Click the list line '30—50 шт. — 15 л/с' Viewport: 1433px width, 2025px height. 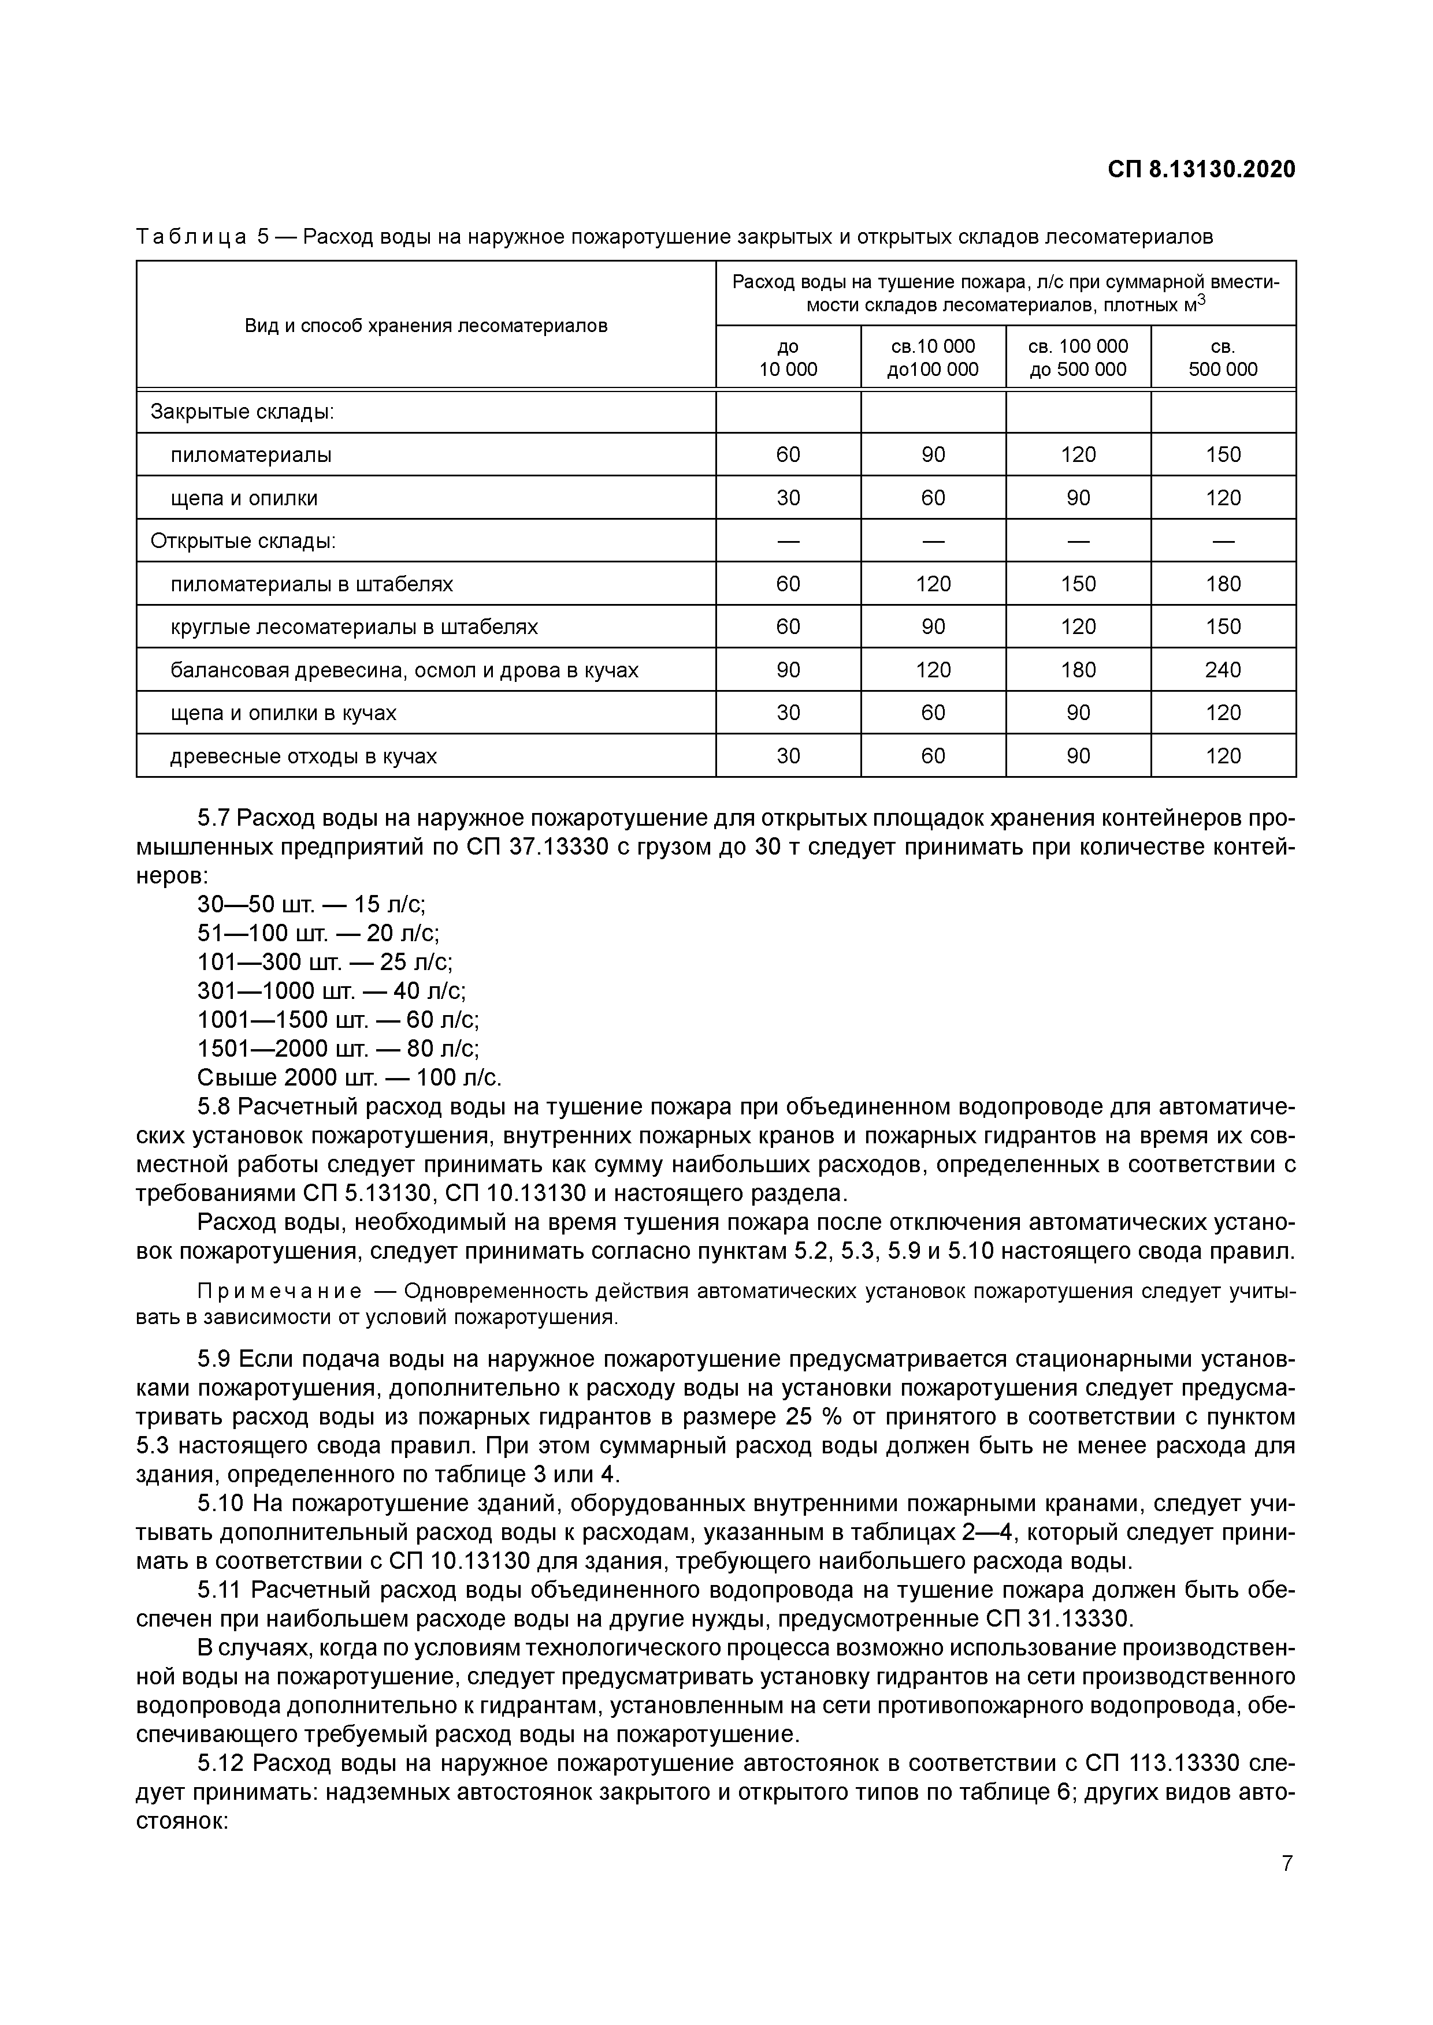coord(311,905)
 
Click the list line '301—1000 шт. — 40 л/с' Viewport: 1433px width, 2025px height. coord(331,991)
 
